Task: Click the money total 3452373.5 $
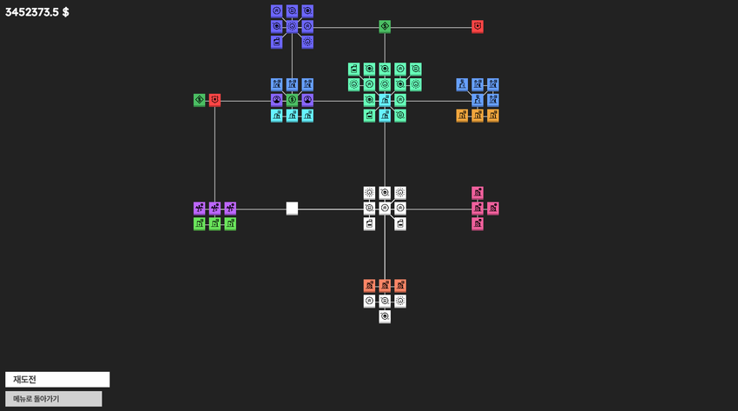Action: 36,12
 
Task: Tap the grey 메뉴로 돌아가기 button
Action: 54,399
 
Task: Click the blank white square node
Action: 292,208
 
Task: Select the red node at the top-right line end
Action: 478,27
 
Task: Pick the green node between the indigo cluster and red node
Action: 385,27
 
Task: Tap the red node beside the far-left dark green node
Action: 214,100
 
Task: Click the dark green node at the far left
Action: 199,100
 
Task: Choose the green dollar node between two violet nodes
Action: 292,100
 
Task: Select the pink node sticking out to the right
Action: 493,208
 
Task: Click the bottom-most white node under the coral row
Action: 385,316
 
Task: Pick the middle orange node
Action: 478,116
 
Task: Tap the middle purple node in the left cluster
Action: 214,208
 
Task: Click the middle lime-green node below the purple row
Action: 214,223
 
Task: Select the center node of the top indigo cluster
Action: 292,27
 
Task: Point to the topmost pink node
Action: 478,193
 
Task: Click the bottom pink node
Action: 478,223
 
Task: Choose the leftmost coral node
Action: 369,285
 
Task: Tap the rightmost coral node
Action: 400,285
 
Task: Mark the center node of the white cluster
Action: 385,208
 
